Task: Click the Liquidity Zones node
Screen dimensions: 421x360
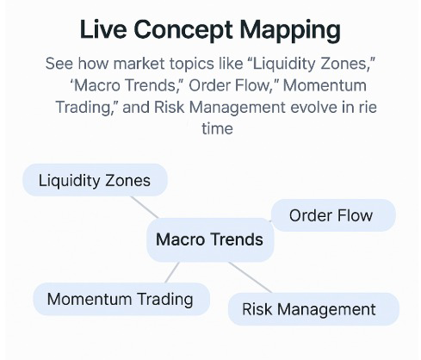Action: coord(95,180)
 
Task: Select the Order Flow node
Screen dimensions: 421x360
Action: coord(333,215)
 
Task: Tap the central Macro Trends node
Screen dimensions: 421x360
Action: coord(210,239)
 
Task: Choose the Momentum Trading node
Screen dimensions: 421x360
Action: coord(121,299)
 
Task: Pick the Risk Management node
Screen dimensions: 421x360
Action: coord(313,309)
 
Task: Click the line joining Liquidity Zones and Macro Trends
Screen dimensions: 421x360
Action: coord(145,208)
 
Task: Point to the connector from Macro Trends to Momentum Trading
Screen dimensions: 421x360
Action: coord(172,272)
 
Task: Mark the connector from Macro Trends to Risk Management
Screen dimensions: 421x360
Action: coord(250,277)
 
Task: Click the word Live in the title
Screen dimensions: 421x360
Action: coord(103,29)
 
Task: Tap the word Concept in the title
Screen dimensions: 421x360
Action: coord(183,30)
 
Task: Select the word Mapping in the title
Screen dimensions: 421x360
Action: coord(290,30)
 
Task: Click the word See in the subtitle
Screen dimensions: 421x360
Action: coord(59,63)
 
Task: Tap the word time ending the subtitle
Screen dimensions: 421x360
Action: coord(217,128)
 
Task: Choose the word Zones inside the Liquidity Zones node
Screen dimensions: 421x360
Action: coord(128,181)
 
